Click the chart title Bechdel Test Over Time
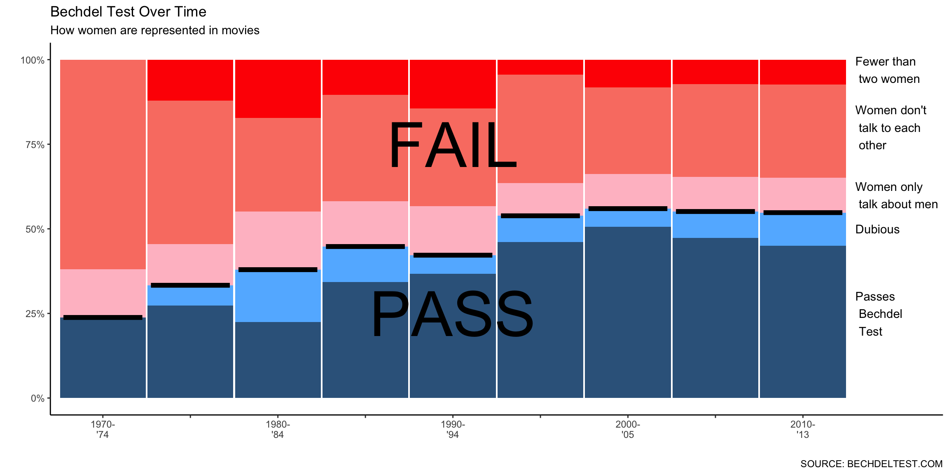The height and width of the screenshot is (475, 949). tap(128, 12)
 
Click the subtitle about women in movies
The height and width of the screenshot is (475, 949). tap(154, 31)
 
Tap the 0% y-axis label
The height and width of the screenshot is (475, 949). tap(37, 398)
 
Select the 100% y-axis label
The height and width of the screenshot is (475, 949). tap(33, 60)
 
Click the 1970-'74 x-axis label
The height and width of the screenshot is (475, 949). tap(103, 429)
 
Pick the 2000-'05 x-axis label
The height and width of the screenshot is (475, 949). tap(628, 429)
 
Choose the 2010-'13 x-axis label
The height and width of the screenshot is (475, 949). tap(802, 429)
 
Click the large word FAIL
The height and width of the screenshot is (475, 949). tap(452, 145)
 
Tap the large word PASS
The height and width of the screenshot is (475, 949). tap(452, 314)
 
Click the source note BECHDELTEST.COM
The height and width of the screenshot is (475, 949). tap(871, 464)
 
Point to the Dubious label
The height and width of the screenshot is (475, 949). tap(877, 229)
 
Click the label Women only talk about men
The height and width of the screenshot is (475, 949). tap(896, 195)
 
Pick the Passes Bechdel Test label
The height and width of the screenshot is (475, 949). tap(878, 314)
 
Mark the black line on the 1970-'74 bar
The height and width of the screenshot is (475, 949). tap(103, 317)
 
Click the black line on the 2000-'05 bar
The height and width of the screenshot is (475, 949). tap(628, 209)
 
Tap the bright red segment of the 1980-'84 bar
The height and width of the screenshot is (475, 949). tap(278, 89)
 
